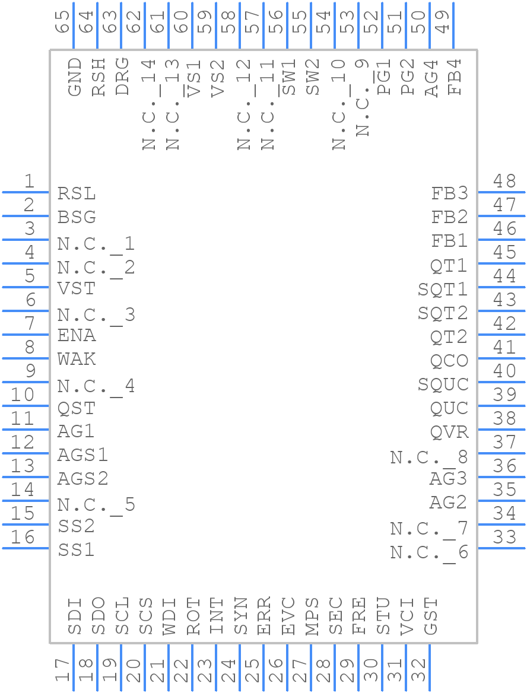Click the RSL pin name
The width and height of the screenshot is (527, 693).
click(x=77, y=194)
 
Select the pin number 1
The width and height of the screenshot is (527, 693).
click(x=28, y=182)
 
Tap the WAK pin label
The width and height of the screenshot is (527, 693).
click(x=77, y=360)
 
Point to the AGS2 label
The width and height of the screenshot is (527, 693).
click(x=83, y=479)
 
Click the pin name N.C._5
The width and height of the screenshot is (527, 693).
click(x=96, y=505)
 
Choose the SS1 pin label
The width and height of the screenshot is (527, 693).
click(x=77, y=550)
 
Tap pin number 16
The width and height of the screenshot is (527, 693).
click(x=24, y=538)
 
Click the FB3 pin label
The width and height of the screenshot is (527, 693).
click(x=449, y=193)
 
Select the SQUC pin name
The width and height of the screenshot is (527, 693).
click(x=443, y=384)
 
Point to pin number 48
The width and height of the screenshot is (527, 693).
click(x=505, y=181)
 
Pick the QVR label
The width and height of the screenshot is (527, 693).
click(x=449, y=432)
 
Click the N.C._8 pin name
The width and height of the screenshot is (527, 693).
click(x=429, y=457)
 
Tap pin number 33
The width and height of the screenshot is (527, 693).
click(x=505, y=538)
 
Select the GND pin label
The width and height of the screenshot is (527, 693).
click(x=75, y=77)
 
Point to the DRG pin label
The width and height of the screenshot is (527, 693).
click(x=122, y=77)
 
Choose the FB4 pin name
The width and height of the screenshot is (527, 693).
click(x=455, y=77)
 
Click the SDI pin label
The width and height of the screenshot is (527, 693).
click(x=75, y=617)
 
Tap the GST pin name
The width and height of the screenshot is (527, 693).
click(x=431, y=617)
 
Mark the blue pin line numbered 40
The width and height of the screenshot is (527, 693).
click(x=501, y=382)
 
